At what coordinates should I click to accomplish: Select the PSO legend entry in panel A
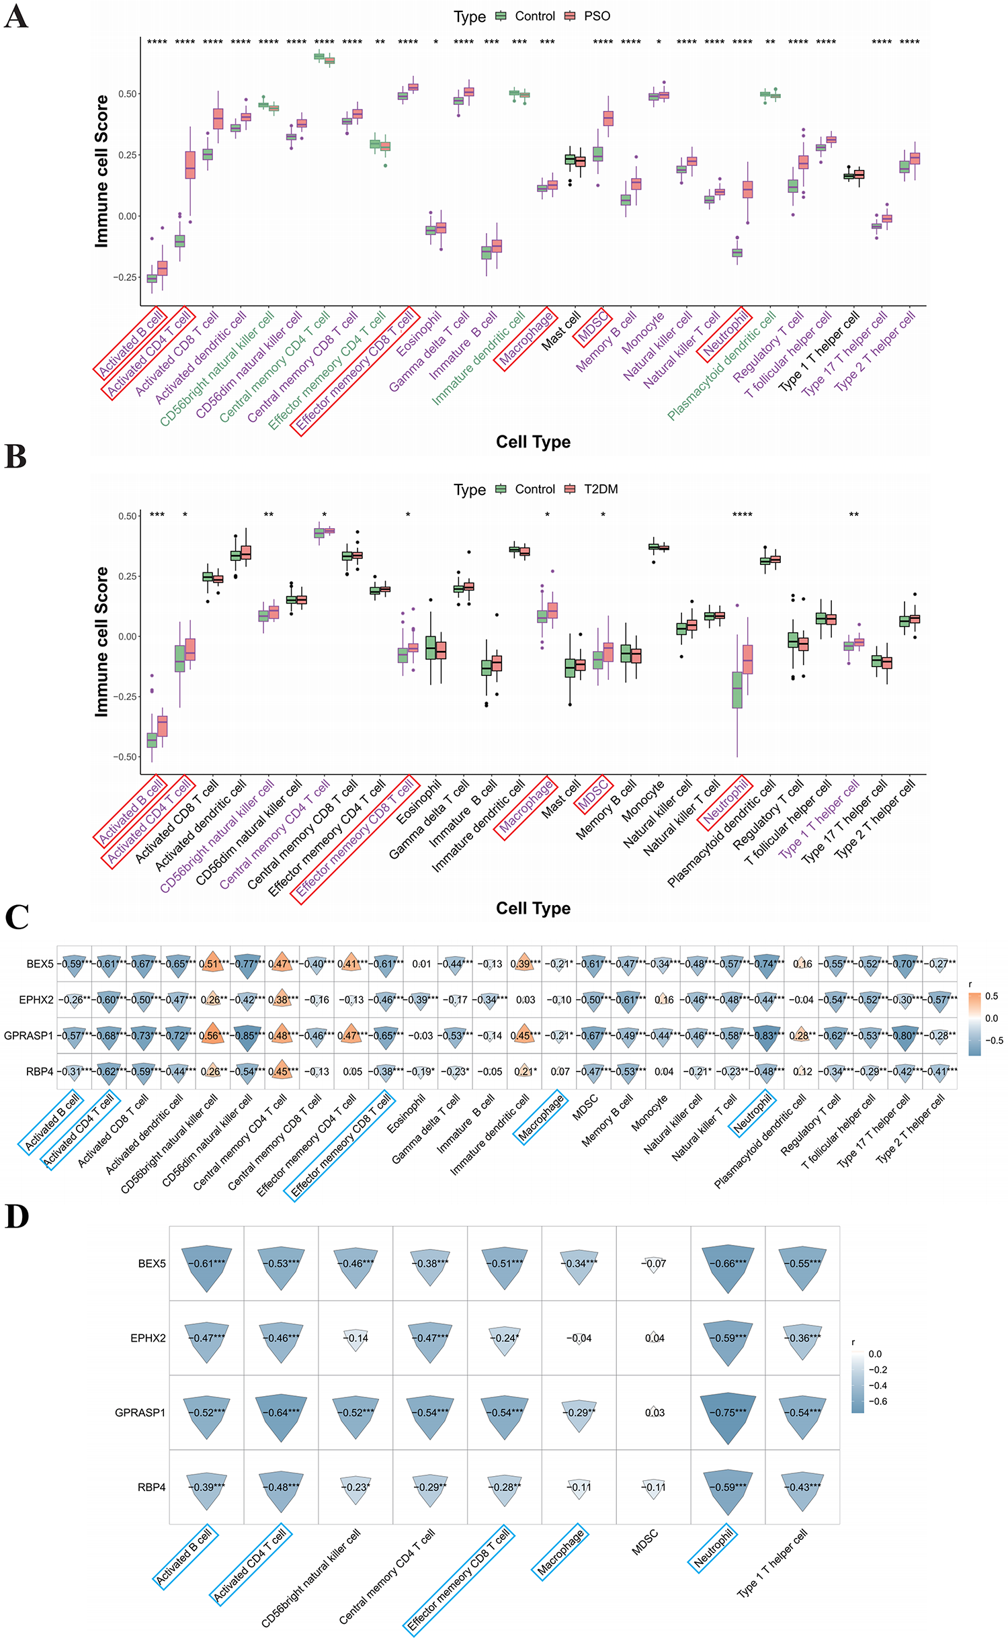(x=596, y=16)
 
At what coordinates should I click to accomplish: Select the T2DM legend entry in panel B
(x=600, y=489)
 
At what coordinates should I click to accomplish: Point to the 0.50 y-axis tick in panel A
(x=128, y=94)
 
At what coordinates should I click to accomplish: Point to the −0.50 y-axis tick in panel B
(x=126, y=757)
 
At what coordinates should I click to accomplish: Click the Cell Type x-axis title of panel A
(x=533, y=442)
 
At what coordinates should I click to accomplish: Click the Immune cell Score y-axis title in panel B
(x=101, y=642)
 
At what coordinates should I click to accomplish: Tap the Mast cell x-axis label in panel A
(x=562, y=330)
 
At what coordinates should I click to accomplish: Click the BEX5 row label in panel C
(x=40, y=964)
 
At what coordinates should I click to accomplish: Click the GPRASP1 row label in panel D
(x=140, y=1413)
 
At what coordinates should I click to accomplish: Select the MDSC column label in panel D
(x=645, y=1542)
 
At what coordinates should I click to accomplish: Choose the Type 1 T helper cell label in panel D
(x=772, y=1562)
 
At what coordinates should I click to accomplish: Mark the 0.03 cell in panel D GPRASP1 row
(x=654, y=1413)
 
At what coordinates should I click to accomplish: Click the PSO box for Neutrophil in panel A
(x=747, y=189)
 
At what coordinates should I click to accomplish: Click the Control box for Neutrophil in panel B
(x=737, y=689)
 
